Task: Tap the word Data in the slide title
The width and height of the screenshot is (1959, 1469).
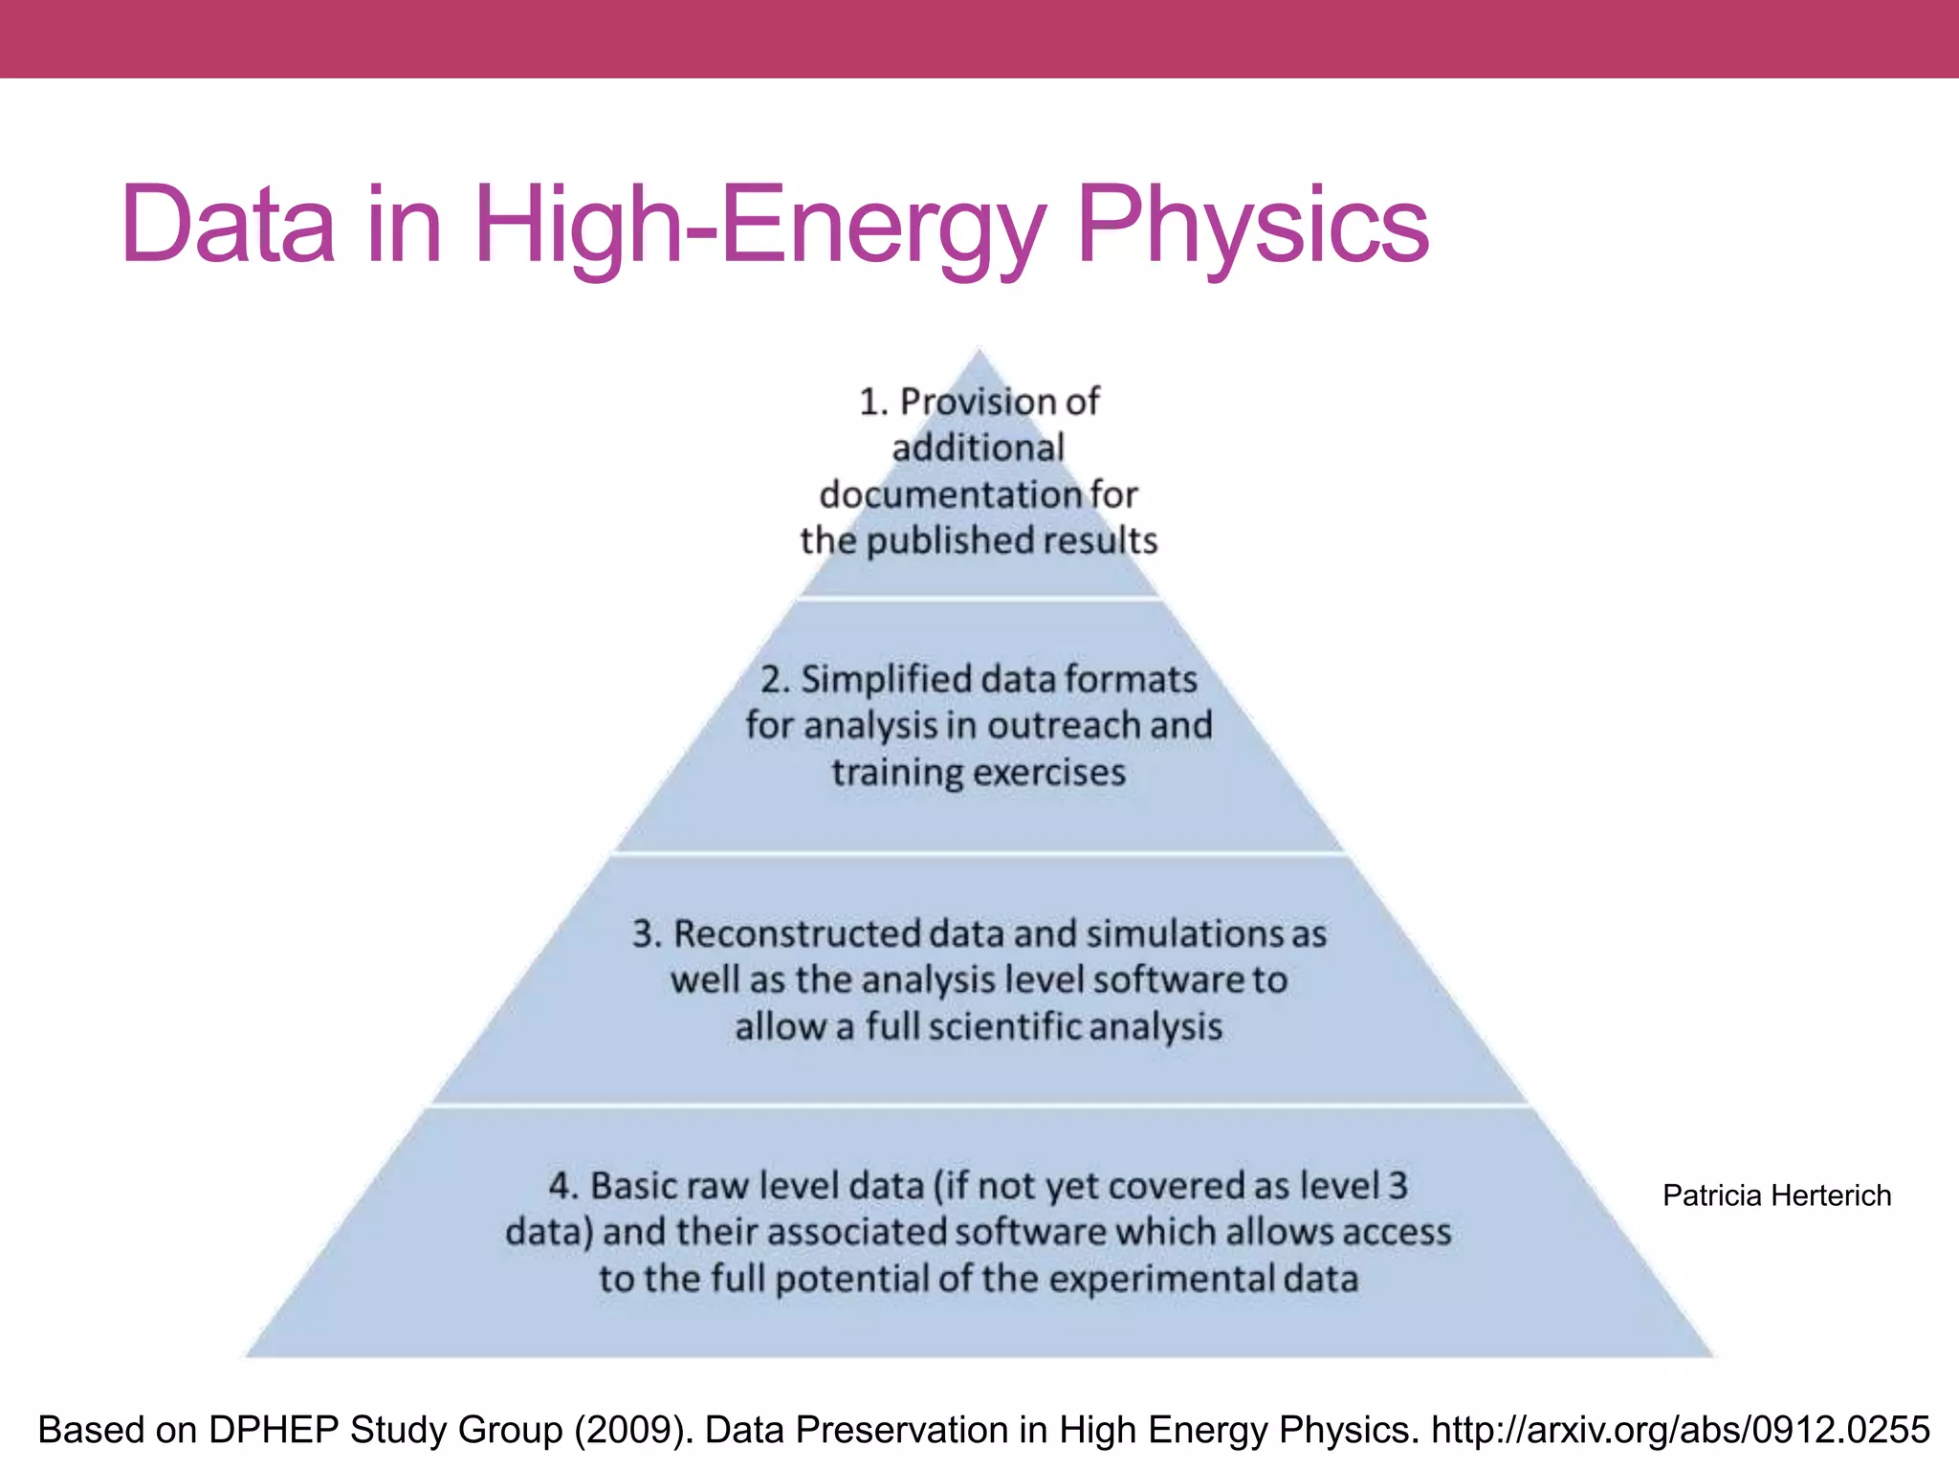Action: click(x=228, y=225)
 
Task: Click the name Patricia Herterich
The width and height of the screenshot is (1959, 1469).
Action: click(x=1776, y=1195)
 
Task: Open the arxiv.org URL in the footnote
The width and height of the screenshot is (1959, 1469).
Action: click(x=1681, y=1430)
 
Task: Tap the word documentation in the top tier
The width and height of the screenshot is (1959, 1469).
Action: click(x=951, y=494)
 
